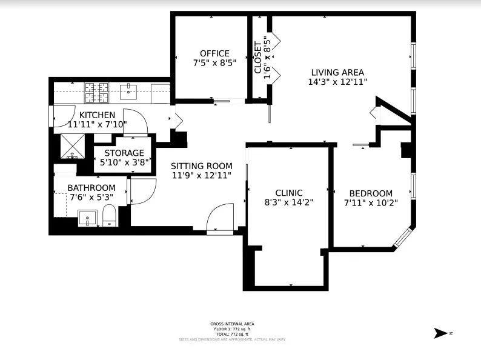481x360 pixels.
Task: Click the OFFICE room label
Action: (x=214, y=53)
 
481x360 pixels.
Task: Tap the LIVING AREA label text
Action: (x=337, y=72)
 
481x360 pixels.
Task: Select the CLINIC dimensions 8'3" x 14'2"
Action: (x=289, y=202)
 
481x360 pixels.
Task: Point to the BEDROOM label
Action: (x=370, y=193)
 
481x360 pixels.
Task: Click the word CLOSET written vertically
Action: (x=258, y=58)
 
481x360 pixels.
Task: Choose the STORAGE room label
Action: (x=124, y=153)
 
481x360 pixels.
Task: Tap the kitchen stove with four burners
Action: (x=96, y=92)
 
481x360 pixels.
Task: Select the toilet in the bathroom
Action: (x=110, y=215)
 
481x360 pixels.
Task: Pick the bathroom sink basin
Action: (x=87, y=218)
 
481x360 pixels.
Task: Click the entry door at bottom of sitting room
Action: (x=219, y=219)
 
